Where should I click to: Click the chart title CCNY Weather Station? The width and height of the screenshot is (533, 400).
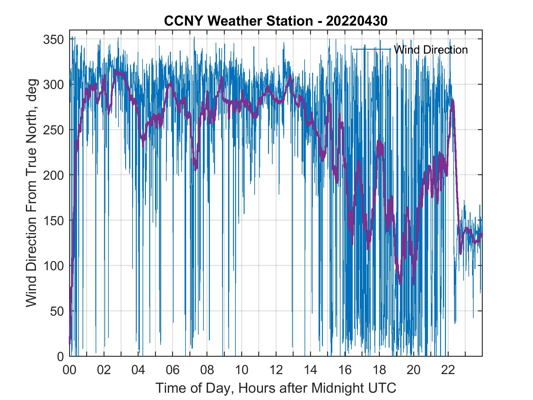click(x=238, y=21)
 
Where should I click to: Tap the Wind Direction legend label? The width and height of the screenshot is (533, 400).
click(x=431, y=50)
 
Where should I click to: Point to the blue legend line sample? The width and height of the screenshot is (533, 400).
click(x=372, y=49)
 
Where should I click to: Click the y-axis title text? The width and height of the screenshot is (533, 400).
click(x=31, y=193)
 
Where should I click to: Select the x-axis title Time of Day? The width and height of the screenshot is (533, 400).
click(x=276, y=388)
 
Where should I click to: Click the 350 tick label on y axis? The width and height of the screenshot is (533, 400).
click(x=53, y=39)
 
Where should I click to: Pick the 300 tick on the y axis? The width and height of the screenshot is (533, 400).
click(x=53, y=85)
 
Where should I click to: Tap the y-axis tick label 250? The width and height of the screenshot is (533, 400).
click(x=53, y=130)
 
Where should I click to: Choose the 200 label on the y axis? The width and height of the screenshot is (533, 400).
click(x=53, y=175)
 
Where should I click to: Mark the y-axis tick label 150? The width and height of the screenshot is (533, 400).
click(x=53, y=220)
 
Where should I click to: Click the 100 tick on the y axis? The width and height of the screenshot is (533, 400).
click(x=53, y=265)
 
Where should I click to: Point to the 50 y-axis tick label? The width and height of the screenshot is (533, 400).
click(x=57, y=311)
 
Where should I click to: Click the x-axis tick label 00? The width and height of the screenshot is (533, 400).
click(x=69, y=370)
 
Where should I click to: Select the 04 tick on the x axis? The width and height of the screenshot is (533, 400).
click(x=138, y=370)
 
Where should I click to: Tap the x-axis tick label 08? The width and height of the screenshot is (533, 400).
click(x=207, y=370)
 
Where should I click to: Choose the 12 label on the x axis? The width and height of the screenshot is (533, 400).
click(x=276, y=370)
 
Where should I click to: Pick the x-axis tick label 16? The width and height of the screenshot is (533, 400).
click(x=345, y=370)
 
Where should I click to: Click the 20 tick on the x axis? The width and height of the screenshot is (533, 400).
click(x=414, y=370)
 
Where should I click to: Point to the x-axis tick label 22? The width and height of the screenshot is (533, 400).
click(x=448, y=370)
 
